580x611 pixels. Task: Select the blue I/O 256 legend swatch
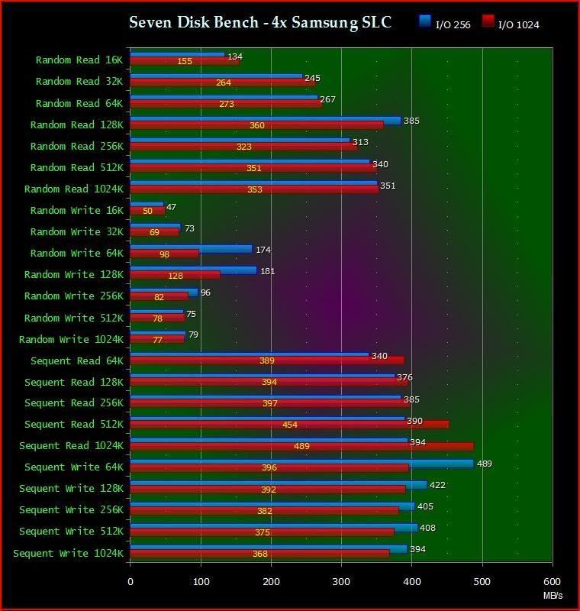425,21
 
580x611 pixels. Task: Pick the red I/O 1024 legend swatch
488,21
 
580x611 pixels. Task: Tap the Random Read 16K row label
78,60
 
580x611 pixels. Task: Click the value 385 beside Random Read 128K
411,121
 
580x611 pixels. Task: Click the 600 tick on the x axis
552,583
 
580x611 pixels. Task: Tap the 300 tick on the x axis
341,583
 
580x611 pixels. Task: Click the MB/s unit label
553,596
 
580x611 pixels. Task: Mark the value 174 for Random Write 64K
263,250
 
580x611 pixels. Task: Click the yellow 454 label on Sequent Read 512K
289,425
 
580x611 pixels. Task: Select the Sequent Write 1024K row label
67,553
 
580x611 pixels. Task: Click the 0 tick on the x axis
130,583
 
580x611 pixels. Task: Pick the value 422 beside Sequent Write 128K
437,485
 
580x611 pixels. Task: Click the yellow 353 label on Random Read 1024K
254,189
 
